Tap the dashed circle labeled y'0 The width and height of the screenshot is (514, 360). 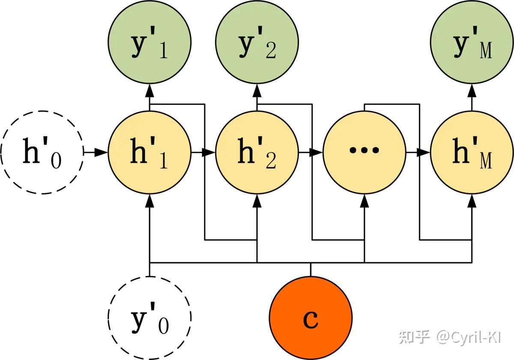click(149, 318)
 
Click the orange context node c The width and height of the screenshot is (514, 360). click(311, 318)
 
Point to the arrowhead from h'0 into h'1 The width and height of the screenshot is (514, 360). click(102, 152)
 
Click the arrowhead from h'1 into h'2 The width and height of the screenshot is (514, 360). click(209, 152)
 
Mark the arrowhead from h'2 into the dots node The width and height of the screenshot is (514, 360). click(317, 152)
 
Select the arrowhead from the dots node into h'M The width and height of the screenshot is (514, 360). click(425, 152)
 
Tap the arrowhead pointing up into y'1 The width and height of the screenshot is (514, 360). click(149, 90)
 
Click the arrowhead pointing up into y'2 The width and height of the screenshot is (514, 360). click(257, 90)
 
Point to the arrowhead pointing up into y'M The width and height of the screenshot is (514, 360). click(472, 90)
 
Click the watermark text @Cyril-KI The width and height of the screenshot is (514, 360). click(469, 337)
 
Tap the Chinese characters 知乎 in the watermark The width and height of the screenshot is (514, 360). click(414, 337)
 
